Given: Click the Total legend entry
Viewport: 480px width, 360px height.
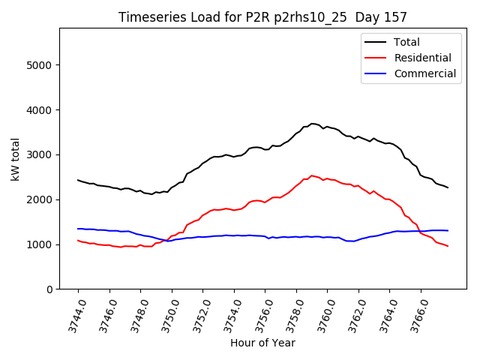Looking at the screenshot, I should tap(406, 42).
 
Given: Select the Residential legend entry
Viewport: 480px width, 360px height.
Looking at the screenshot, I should tap(422, 58).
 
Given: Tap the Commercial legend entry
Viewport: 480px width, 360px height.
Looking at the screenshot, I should tap(424, 73).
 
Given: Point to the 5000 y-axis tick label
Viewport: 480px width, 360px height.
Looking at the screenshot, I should tap(40, 65).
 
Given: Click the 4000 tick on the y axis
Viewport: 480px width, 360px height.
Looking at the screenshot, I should tap(40, 110).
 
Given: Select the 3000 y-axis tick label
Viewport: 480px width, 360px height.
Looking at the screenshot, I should tap(40, 155).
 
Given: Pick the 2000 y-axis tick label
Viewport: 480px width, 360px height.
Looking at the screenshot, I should tap(40, 199).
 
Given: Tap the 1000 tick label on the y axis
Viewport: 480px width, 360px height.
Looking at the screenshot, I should tap(40, 244).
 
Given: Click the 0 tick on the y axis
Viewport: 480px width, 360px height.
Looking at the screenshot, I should tap(49, 289).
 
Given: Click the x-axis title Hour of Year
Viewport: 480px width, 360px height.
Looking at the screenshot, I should tap(262, 343).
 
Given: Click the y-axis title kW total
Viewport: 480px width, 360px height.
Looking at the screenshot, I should tap(16, 159).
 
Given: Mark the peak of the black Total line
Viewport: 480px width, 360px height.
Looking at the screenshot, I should tap(312, 124).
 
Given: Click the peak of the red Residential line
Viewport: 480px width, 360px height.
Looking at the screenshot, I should tap(312, 175).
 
